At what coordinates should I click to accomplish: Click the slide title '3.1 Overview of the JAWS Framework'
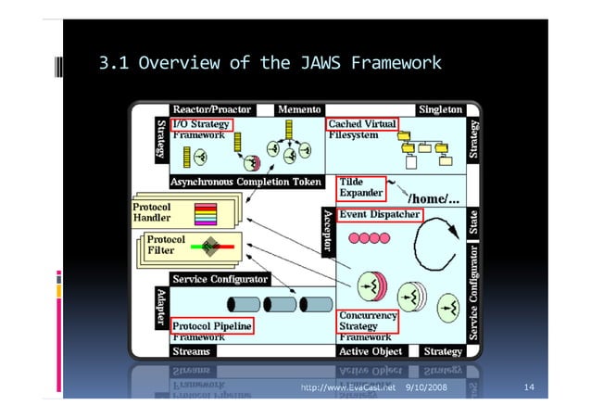(270, 64)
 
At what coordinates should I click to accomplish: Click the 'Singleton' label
(439, 109)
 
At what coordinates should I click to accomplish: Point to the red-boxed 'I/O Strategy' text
(202, 123)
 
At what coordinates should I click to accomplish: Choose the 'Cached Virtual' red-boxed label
(362, 123)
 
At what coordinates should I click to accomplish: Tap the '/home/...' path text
(429, 196)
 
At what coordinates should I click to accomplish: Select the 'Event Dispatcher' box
(379, 214)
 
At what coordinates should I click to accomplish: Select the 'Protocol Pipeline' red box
(212, 326)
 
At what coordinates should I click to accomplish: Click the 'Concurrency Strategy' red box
(367, 321)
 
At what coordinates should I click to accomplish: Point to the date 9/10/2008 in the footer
(426, 386)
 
